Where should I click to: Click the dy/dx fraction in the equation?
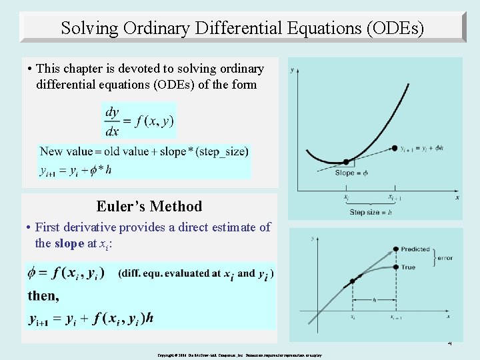point(112,122)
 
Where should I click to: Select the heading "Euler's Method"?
point(149,206)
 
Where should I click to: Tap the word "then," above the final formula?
point(43,295)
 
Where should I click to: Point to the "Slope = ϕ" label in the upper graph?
point(351,173)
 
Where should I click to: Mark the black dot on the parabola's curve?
point(345,162)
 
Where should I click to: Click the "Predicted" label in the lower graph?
point(415,249)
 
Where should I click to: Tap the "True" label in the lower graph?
point(408,267)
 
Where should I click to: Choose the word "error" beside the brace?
point(445,258)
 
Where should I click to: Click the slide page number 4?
point(449,344)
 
